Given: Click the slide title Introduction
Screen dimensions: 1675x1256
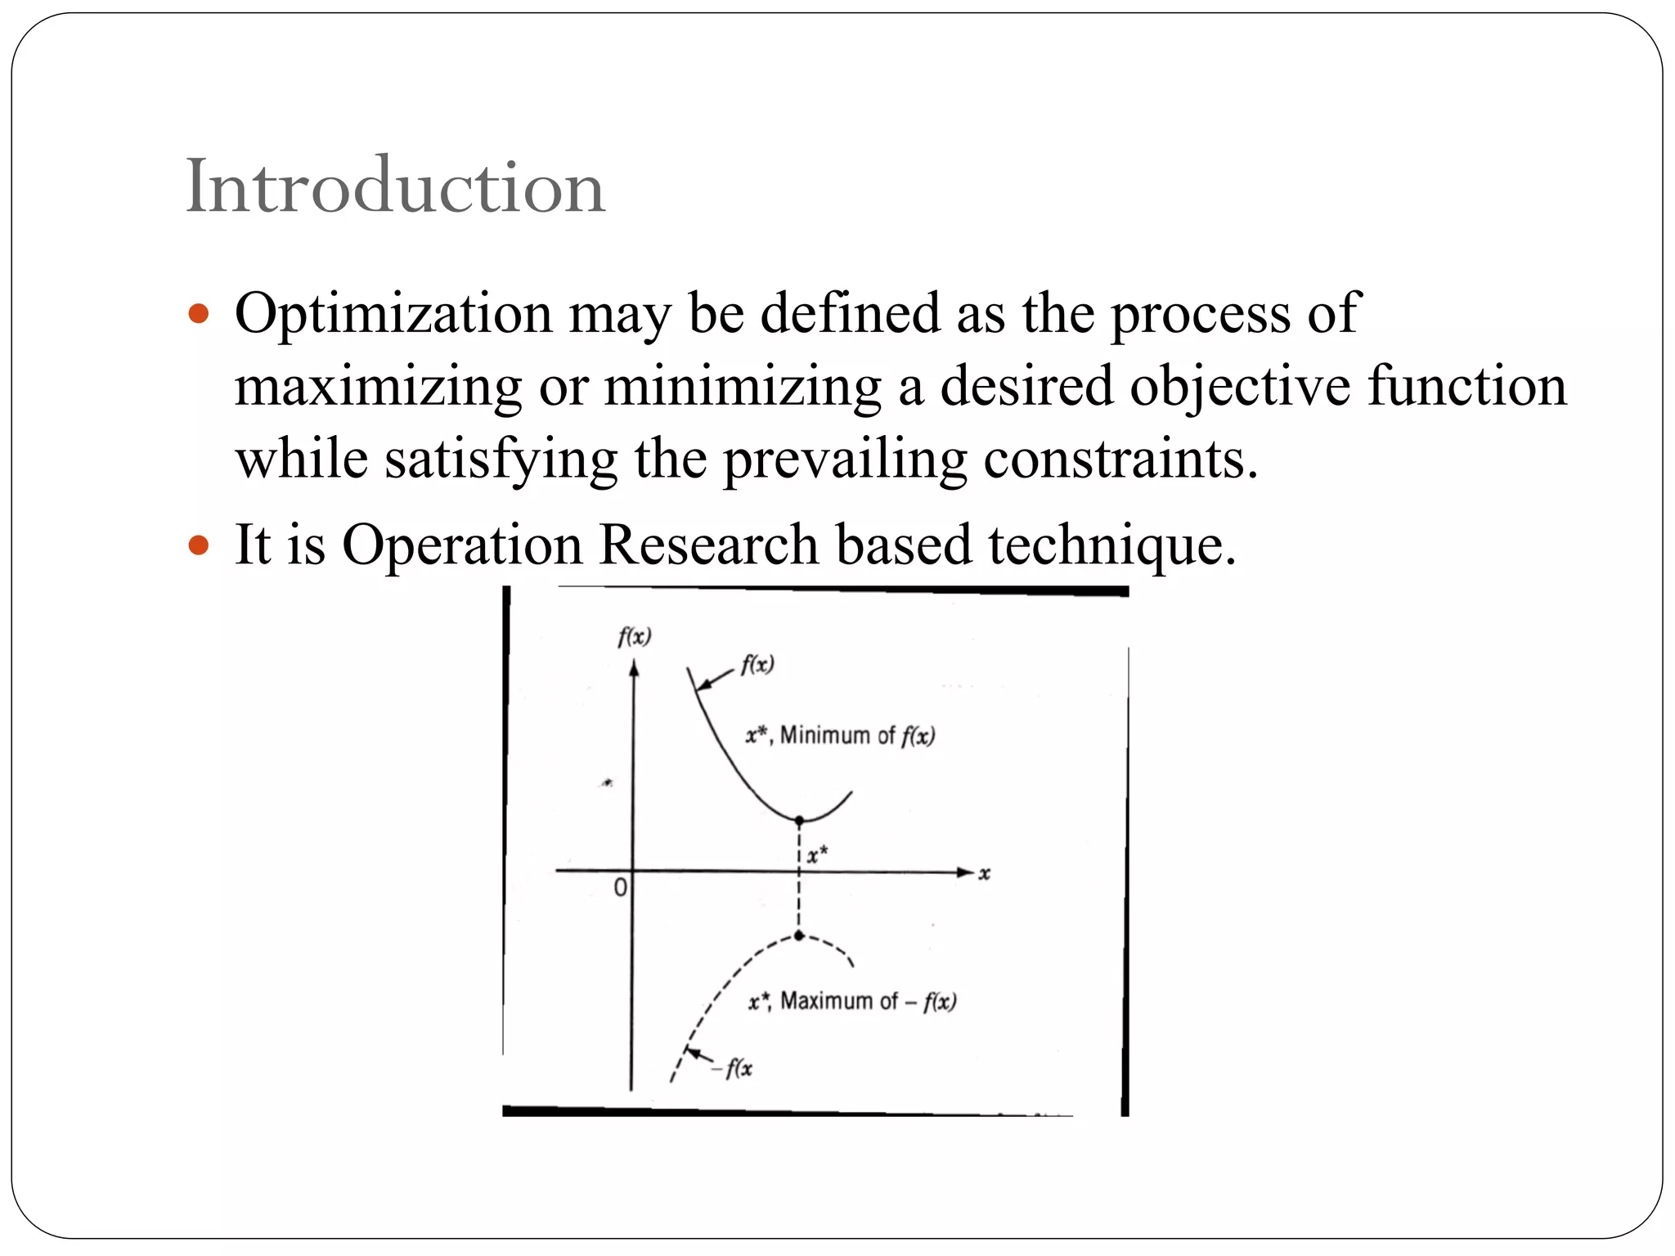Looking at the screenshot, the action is coord(395,188).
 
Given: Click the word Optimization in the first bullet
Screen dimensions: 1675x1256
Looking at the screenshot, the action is coord(393,313).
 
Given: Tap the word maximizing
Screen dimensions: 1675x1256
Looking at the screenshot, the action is coord(378,386).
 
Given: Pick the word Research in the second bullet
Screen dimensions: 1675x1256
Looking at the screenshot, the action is coord(708,545).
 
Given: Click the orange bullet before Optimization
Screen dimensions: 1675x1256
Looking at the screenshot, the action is coord(199,313).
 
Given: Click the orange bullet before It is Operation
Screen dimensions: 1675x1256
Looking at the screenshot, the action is coord(199,545).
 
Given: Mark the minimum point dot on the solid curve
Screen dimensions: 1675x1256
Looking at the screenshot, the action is coord(799,820).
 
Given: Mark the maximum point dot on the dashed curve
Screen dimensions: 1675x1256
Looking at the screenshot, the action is coord(799,935).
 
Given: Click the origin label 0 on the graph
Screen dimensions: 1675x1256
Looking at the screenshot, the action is coord(621,887).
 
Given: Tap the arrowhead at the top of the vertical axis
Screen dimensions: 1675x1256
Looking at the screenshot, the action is coord(633,669).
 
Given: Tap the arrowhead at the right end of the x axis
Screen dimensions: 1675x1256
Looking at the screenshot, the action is coord(966,872).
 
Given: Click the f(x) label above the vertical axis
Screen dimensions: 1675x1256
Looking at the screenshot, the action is coord(635,637).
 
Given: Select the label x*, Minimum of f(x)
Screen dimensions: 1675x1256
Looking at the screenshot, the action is coord(840,736).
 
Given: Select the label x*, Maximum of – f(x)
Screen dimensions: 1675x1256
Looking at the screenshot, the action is coord(851,1002).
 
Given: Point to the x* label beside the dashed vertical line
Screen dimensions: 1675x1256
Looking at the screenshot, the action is coord(817,855).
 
